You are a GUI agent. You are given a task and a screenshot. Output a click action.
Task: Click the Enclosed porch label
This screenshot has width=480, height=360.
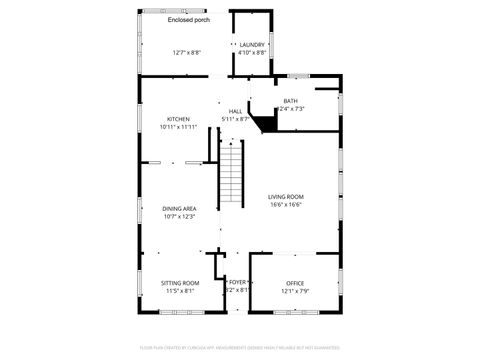(188, 20)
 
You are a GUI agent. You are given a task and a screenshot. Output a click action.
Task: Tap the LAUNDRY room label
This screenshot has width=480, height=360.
(252, 45)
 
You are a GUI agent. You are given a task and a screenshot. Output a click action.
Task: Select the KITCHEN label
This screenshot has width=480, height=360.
(179, 119)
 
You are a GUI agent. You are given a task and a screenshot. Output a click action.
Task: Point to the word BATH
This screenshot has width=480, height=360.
(290, 101)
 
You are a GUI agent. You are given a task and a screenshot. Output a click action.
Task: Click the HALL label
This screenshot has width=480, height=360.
(235, 111)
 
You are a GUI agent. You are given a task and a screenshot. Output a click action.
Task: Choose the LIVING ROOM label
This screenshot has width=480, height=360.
(285, 197)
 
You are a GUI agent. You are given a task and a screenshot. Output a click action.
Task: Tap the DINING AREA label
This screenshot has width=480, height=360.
(179, 208)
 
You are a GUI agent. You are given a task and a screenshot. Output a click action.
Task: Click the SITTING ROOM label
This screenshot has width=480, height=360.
(180, 283)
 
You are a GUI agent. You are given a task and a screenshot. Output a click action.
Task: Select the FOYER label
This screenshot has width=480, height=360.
(237, 283)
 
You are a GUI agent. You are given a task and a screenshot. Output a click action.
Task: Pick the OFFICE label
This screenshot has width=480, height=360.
(295, 283)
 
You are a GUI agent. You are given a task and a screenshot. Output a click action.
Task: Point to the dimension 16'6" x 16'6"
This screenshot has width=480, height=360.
(285, 205)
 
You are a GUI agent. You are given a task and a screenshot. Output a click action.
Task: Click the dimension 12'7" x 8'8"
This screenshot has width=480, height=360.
(186, 52)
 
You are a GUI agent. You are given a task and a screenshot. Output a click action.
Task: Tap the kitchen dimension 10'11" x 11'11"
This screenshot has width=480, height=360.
(179, 127)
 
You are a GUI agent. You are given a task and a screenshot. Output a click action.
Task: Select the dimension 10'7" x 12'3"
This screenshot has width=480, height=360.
(179, 216)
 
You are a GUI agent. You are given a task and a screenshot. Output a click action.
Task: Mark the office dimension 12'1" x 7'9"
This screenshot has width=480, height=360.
(295, 291)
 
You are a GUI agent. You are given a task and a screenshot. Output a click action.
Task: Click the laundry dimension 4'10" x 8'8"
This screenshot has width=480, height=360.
(252, 52)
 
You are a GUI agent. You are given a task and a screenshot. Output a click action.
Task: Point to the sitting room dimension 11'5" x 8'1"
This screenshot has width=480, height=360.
(180, 291)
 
